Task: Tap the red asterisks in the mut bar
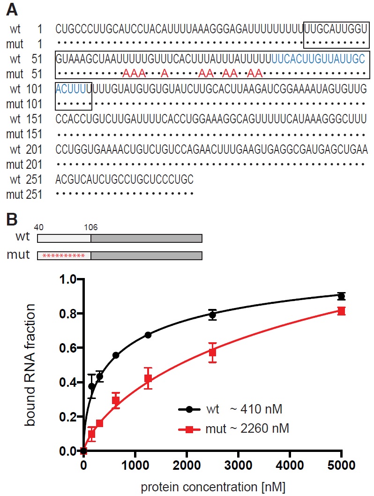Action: tap(63, 256)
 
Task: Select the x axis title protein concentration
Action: tap(212, 486)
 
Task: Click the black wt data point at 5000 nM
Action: tap(341, 296)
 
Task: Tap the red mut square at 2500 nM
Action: tap(212, 352)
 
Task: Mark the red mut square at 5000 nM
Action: tap(341, 311)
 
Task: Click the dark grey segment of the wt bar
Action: tap(146, 238)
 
